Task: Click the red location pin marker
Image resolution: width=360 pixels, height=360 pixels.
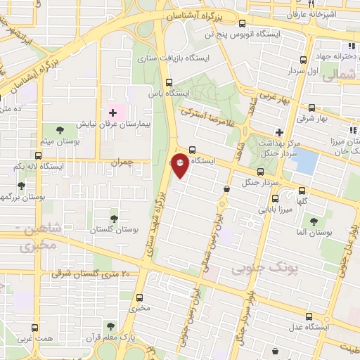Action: (181, 165)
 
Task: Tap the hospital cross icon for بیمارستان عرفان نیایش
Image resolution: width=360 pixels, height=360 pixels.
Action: (112, 112)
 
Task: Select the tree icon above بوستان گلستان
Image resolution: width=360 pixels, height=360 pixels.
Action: (114, 219)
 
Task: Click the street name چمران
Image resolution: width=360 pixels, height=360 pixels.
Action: (121, 162)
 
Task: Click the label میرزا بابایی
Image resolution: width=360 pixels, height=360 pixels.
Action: (276, 209)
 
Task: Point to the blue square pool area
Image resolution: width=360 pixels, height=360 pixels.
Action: (304, 161)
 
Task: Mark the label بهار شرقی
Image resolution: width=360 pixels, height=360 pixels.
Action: (311, 120)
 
